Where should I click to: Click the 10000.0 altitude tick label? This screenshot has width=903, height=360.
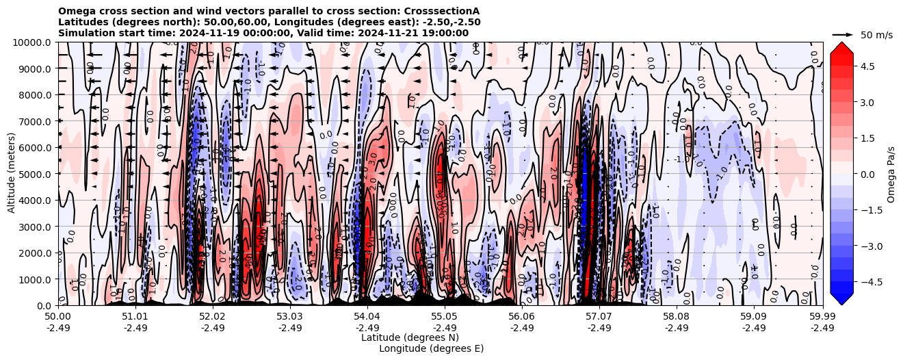[32, 42]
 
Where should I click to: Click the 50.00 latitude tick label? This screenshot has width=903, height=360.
[58, 317]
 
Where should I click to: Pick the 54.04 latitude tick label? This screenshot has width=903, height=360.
[367, 317]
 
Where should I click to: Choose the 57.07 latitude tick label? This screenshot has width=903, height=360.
[599, 317]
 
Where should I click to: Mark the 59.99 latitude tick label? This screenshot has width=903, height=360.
[822, 317]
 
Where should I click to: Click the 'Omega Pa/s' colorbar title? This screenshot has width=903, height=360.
[891, 174]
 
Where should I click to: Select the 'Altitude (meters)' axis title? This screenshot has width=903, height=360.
[12, 174]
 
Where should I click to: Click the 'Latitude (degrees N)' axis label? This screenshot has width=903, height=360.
[410, 337]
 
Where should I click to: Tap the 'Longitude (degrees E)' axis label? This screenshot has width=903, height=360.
[431, 348]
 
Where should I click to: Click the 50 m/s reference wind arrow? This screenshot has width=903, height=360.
[843, 34]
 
